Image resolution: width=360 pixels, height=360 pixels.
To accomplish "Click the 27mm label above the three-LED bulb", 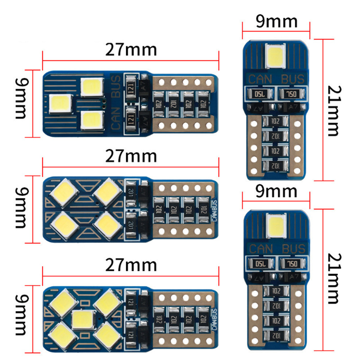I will click(x=131, y=49).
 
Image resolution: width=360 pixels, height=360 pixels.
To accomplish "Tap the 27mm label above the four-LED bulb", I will click(x=131, y=156).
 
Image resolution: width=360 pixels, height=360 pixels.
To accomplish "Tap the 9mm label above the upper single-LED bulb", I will click(x=276, y=22).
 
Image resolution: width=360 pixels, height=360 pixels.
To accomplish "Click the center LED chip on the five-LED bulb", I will click(x=82, y=319).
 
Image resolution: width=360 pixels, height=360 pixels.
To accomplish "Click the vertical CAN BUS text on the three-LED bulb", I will click(x=116, y=103).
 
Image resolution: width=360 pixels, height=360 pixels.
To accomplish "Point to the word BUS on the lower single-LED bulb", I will click(x=293, y=248).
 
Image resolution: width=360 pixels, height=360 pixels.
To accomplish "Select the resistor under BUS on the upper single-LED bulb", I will click(x=292, y=94).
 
